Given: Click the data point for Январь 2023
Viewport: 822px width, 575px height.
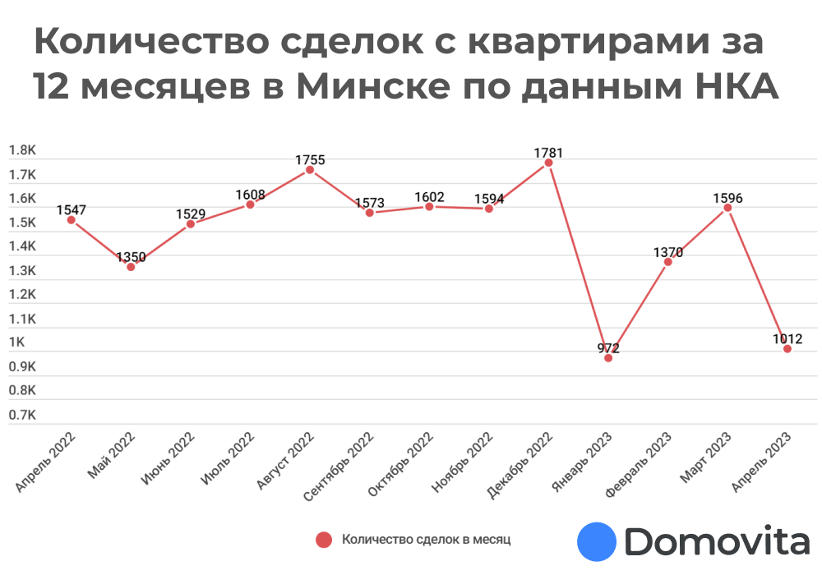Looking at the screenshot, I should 608,358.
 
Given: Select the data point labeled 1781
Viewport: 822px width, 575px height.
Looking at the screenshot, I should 548,163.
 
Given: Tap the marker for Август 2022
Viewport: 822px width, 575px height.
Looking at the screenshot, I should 310,170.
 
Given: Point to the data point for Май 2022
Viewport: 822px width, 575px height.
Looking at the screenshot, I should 131,267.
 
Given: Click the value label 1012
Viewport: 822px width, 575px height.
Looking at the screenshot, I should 787,338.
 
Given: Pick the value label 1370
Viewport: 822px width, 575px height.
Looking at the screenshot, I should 667,252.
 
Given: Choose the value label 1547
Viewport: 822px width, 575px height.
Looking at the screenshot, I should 72,209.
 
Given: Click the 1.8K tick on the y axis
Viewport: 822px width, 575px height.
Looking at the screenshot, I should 22,151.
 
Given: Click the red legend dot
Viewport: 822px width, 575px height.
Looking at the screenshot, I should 324,540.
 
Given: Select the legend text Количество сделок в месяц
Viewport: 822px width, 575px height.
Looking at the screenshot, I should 426,540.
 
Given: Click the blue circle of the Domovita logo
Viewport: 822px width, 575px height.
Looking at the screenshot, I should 597,541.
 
